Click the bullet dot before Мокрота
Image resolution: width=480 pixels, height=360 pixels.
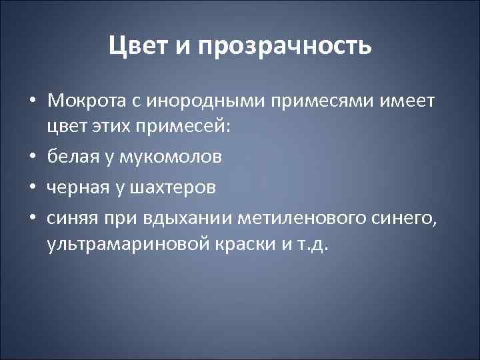coord(32,100)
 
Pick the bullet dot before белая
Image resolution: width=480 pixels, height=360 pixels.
coord(32,158)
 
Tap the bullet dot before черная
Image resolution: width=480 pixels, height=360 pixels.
coord(32,187)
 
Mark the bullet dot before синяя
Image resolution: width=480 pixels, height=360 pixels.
coord(32,216)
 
